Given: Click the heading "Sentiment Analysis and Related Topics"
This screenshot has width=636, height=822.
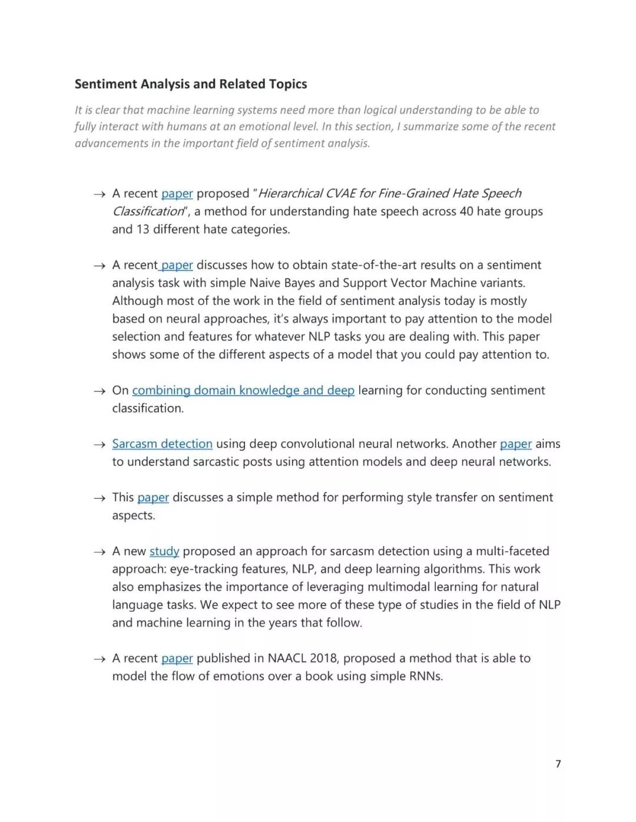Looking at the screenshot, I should pos(191,84).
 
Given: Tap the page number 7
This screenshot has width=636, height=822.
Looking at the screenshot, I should pos(558,764).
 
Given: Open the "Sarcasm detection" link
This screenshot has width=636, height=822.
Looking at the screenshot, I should pos(162,444).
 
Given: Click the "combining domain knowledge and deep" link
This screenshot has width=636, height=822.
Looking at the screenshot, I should pos(243,390).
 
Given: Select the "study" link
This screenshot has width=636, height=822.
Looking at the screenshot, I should pos(164,551).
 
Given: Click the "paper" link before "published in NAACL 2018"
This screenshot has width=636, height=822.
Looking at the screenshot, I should pos(177,658).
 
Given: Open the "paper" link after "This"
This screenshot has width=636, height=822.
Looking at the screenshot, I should pos(153,497).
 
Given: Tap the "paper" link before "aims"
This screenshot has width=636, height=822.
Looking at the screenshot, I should pos(515,444).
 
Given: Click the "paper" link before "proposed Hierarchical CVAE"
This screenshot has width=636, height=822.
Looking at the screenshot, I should pos(177,194).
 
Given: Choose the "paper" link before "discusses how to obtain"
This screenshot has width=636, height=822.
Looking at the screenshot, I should pos(177,265).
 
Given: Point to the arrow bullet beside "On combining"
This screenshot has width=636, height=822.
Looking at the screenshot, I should pos(99,391).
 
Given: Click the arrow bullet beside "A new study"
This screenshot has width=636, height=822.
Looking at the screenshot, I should pos(99,551).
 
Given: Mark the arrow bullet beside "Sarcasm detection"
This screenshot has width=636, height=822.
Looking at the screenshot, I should pos(99,444).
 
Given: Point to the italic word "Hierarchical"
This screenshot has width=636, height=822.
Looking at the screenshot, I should pos(289,194).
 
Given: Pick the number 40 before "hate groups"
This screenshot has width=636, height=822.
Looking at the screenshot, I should pos(466,211).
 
